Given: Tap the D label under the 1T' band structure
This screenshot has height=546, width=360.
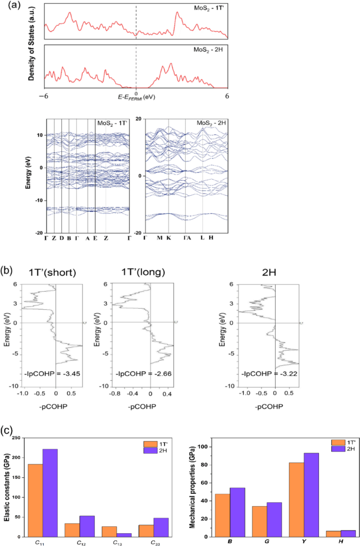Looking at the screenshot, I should click(x=62, y=237).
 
